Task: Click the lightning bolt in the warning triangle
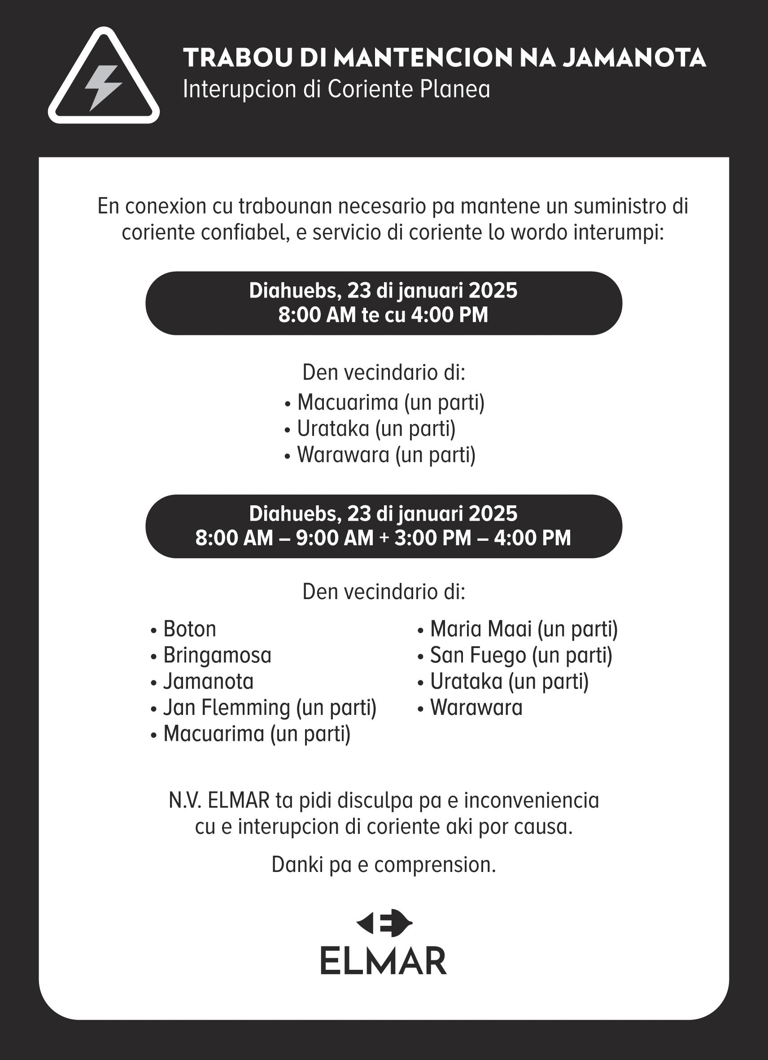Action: [103, 88]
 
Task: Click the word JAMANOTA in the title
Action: [634, 58]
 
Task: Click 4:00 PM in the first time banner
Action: [449, 315]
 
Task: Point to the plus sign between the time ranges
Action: [384, 538]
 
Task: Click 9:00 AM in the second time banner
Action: [335, 538]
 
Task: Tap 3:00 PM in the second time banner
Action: [432, 538]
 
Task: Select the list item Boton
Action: [189, 629]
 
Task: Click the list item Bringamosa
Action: [217, 655]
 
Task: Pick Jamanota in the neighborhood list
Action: [208, 681]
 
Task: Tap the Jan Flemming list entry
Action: [269, 708]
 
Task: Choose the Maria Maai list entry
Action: [523, 629]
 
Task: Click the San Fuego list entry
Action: [520, 655]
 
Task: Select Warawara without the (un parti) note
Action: [476, 708]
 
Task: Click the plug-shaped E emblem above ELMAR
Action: [384, 923]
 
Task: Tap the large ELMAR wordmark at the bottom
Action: [384, 961]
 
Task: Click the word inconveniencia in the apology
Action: [531, 800]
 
